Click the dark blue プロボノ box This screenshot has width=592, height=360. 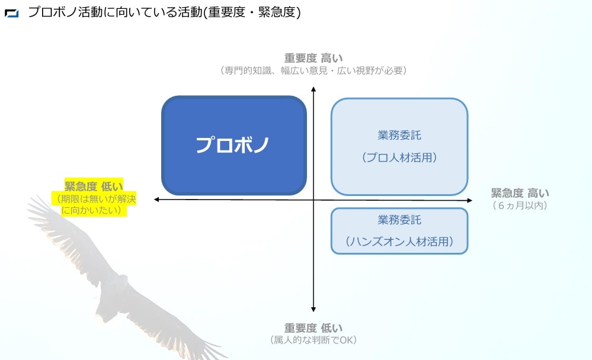point(233,145)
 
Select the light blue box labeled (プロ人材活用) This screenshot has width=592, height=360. point(399,146)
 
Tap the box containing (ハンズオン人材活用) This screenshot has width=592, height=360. point(399,231)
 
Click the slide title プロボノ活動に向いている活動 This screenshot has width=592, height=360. point(115,12)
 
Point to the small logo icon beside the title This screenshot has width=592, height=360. point(11,13)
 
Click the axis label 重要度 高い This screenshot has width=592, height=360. point(313,58)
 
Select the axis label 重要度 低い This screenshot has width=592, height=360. point(313,327)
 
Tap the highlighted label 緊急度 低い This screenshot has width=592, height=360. point(94,186)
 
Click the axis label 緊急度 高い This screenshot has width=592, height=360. point(520,193)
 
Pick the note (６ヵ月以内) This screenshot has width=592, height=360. point(520,205)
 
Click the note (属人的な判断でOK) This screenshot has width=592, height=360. point(313,340)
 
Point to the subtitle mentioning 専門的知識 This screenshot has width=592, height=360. point(313,70)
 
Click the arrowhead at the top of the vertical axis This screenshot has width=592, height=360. point(313,89)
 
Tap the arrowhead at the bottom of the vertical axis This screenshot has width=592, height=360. point(313,310)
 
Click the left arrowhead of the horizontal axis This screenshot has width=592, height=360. point(156,200)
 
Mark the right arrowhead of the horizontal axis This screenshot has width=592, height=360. point(470,200)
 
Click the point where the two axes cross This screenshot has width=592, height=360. point(313,200)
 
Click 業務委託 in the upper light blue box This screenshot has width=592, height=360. point(399,135)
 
